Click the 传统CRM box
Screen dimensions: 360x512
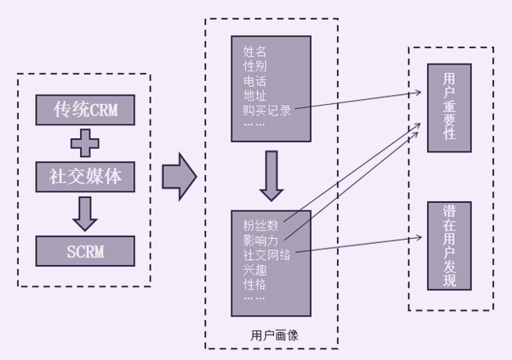85,110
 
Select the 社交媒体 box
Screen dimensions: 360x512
85,177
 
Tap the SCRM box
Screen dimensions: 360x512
85,250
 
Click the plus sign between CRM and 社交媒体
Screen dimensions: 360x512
84,143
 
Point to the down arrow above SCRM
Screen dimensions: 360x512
84,213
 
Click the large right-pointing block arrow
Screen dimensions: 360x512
179,176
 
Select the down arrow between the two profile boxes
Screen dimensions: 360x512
272,175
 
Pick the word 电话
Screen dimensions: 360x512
254,82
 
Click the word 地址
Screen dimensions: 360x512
254,96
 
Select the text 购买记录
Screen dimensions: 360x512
267,110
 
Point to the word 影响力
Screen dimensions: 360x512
261,240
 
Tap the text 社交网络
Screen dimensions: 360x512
267,254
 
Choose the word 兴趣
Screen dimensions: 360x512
254,269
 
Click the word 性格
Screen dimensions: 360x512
254,284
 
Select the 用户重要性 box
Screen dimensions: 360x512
449,106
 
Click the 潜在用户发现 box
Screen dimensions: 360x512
449,245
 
